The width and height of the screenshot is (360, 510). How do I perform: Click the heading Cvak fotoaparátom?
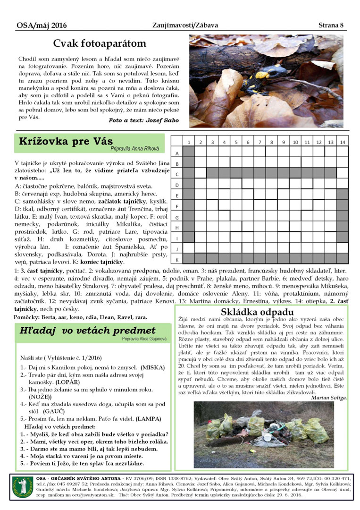pyautogui.click(x=100, y=44)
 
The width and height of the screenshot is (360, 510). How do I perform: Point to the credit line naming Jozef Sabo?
pyautogui.click(x=143, y=120)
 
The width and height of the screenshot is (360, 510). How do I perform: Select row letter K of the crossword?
pyautogui.click(x=176, y=260)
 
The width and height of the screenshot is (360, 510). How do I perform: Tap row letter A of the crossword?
pyautogui.click(x=176, y=153)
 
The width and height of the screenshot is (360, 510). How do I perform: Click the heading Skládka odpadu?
pyautogui.click(x=264, y=312)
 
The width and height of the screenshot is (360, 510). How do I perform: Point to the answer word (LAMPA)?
pyautogui.click(x=149, y=418)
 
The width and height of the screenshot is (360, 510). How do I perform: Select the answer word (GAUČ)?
pyautogui.click(x=54, y=411)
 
